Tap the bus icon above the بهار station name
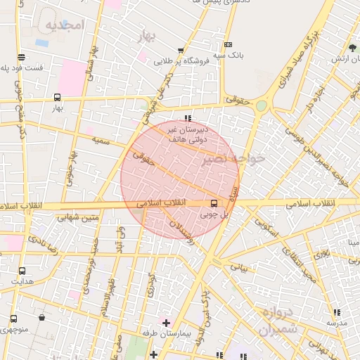57,98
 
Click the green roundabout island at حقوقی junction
262,105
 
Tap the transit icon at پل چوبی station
214,204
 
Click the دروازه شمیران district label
278,320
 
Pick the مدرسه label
336,322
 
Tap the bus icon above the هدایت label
22,271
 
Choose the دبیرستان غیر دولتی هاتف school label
187,134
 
